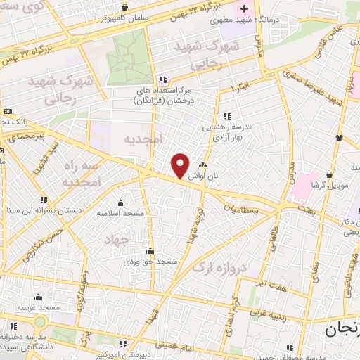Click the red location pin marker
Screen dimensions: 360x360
tap(181, 165)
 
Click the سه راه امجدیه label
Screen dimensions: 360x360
tap(82, 172)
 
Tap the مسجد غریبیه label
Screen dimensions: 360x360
tap(39, 308)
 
